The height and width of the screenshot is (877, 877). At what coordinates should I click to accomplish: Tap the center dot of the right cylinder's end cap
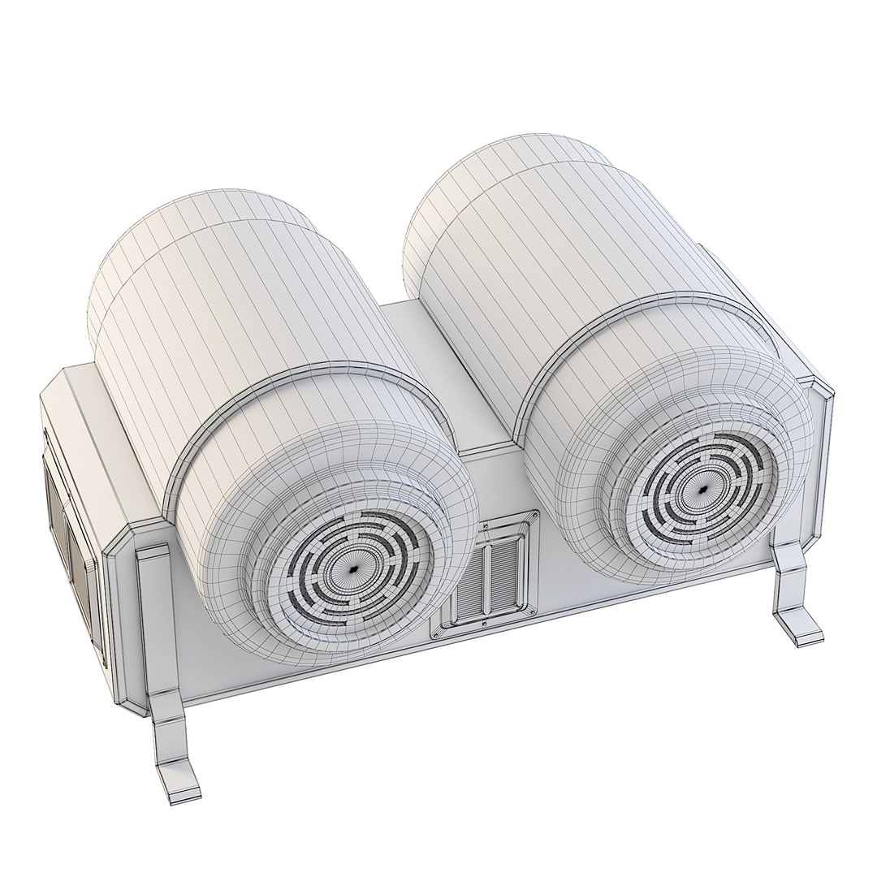click(702, 490)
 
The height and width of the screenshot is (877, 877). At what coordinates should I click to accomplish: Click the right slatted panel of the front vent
click(503, 574)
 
